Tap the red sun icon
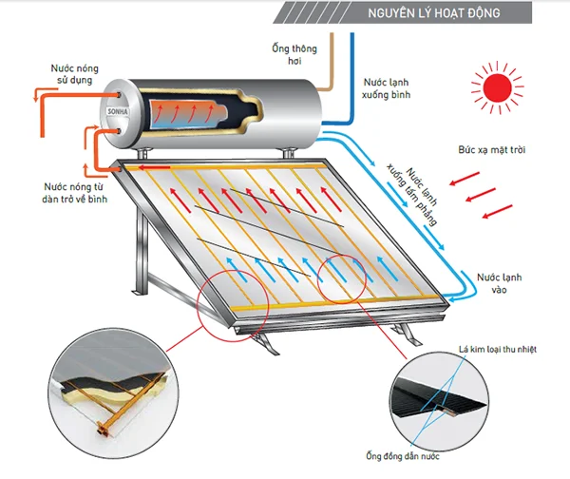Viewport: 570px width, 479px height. (495, 91)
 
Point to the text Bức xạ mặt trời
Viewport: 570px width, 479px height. (490, 152)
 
